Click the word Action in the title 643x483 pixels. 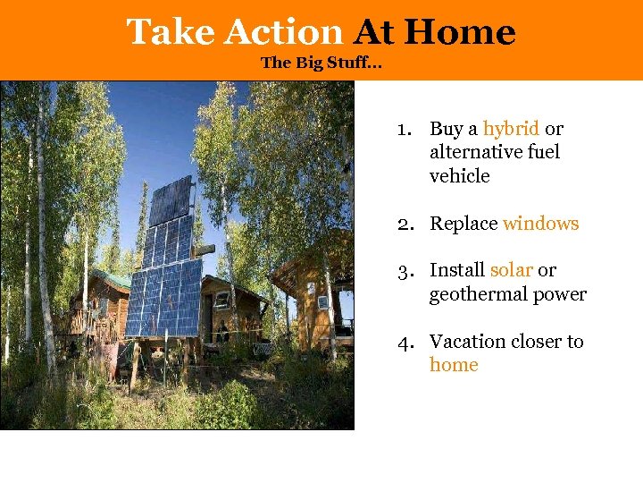[283, 32]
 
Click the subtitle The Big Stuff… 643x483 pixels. [321, 64]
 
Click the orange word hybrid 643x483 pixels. [511, 129]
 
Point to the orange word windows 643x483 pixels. [540, 224]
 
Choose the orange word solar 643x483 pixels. [511, 270]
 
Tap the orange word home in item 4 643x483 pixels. [454, 365]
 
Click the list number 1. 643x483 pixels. [404, 129]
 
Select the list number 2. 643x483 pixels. [405, 224]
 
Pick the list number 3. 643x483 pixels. [405, 270]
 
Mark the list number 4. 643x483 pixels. [405, 342]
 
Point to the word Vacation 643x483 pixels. [469, 342]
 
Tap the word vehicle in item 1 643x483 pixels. [459, 176]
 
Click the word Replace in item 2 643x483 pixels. [463, 224]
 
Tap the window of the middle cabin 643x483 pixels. [221, 301]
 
